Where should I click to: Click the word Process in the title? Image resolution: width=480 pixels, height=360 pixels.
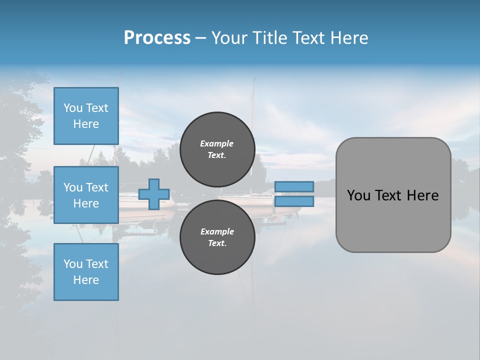pos(157,37)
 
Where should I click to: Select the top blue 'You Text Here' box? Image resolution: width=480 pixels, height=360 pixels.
pos(86,116)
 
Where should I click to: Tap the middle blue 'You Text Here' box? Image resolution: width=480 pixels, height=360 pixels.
pos(86,195)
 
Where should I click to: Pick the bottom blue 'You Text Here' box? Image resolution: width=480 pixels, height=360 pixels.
pos(86,272)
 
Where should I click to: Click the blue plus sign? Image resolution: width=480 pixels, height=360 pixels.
pos(154,194)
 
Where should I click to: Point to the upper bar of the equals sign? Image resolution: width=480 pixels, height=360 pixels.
pos(294,186)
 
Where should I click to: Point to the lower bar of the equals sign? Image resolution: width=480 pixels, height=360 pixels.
pos(294,201)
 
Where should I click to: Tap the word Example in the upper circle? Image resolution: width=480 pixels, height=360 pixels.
pos(216,143)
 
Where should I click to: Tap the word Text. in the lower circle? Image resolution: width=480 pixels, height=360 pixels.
pos(217,243)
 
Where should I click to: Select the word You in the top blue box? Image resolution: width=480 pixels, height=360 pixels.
pos(73,108)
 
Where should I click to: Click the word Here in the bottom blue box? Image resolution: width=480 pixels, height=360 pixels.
pos(86,280)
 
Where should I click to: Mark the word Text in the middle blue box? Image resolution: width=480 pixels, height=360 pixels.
pos(97,187)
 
